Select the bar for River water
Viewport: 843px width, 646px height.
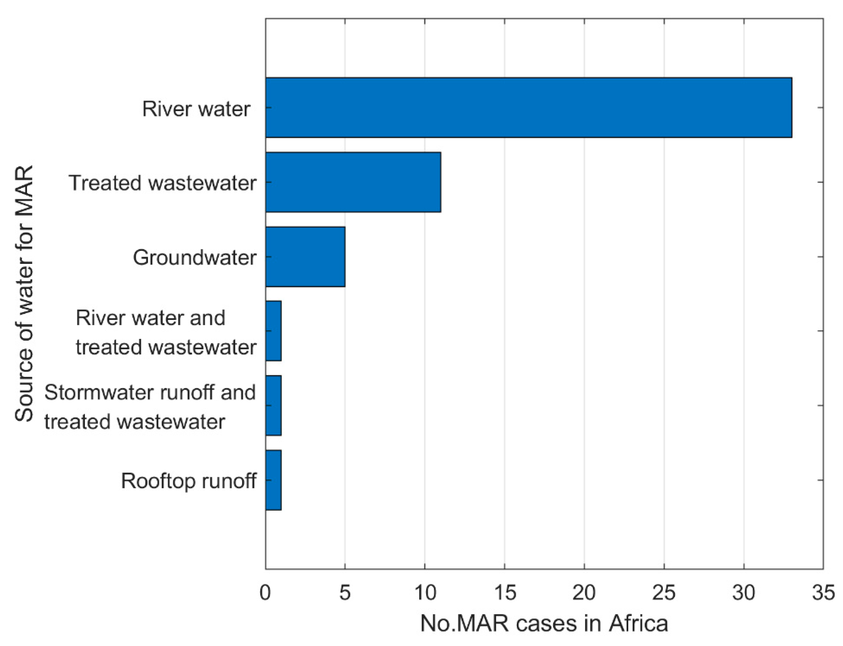(x=528, y=107)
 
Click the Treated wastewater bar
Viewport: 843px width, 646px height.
(x=353, y=182)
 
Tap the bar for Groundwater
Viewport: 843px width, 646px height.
(x=305, y=257)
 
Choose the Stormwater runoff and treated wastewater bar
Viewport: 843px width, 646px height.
(x=273, y=405)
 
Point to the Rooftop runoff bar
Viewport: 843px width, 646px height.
(x=273, y=480)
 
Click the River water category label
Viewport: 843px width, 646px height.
(x=196, y=109)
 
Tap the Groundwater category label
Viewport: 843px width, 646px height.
(x=194, y=257)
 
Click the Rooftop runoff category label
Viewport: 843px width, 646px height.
(x=189, y=481)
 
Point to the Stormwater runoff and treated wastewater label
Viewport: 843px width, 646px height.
(x=150, y=407)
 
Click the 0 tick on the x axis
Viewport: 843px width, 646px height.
(x=265, y=593)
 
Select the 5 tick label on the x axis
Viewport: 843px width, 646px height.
(x=345, y=593)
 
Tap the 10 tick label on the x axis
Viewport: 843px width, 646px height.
(x=425, y=593)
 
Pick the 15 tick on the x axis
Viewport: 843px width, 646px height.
(x=505, y=593)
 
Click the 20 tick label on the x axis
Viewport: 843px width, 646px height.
(x=584, y=593)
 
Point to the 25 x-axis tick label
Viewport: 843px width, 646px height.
(x=664, y=593)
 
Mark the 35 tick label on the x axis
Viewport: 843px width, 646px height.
(x=823, y=593)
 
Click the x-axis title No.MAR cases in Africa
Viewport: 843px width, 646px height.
(x=544, y=624)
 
